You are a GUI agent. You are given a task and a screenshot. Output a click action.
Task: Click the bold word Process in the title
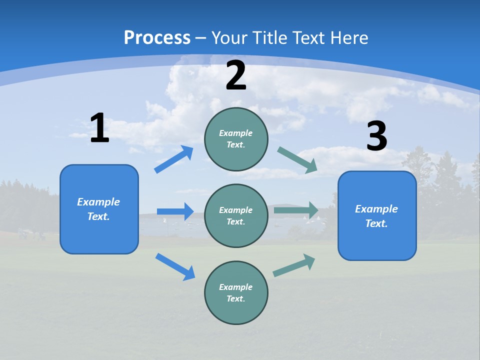tap(157, 37)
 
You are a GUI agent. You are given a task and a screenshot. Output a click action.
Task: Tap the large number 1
tap(99, 128)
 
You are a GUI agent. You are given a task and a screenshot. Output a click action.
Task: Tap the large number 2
tap(236, 75)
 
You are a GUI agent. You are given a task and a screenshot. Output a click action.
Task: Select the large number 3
tap(376, 136)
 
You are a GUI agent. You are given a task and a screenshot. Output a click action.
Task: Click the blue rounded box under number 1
tap(99, 235)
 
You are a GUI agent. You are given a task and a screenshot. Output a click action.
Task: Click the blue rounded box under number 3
tap(377, 240)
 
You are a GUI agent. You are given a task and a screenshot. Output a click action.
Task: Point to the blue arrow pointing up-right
tap(173, 159)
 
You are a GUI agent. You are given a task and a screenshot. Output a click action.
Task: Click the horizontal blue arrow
tap(175, 211)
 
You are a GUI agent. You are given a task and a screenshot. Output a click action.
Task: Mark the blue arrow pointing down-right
tap(175, 266)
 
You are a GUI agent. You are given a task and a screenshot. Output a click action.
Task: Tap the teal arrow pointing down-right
tap(297, 160)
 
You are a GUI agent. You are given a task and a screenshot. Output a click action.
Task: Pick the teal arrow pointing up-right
tap(294, 265)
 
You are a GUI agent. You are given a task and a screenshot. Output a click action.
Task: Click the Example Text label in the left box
tap(98, 209)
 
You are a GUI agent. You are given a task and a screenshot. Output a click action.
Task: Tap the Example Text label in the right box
tap(376, 216)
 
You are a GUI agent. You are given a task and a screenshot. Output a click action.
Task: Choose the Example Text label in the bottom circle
tap(236, 293)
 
